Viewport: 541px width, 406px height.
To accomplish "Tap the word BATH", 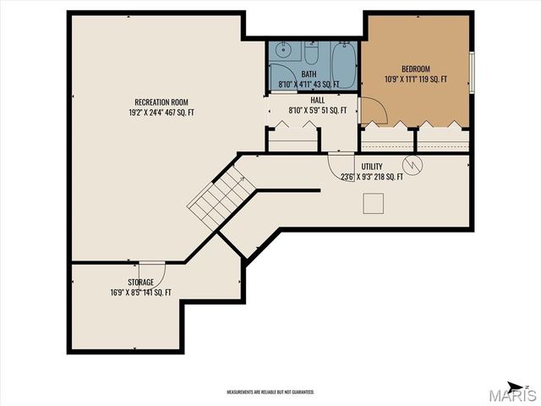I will [x=309, y=74].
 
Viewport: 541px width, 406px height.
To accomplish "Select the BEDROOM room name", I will [x=415, y=69].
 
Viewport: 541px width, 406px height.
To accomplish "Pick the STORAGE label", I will [x=140, y=283].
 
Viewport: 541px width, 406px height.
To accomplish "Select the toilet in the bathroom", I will [x=309, y=56].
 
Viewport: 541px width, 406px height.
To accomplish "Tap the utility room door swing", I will [x=342, y=162].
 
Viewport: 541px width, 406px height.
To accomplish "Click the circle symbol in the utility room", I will [x=413, y=162].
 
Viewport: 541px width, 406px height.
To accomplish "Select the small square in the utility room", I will [x=373, y=203].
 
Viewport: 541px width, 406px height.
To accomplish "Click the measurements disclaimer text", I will [x=270, y=392].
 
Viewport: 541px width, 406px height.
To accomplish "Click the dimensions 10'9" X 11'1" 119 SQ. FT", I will [x=415, y=80].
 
